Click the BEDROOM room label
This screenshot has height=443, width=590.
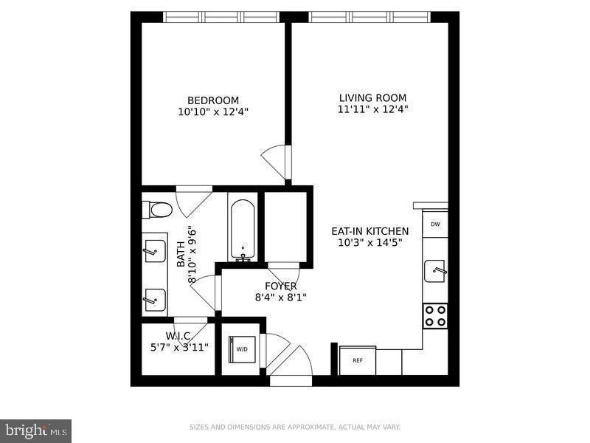[213, 100]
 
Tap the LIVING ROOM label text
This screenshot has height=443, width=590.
[372, 97]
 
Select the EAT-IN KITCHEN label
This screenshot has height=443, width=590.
[369, 231]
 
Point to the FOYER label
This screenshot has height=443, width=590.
[281, 286]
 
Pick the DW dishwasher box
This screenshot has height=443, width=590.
[435, 224]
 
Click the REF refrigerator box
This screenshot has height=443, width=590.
[358, 360]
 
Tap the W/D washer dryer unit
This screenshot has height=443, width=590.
[241, 350]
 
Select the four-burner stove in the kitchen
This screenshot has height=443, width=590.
[435, 315]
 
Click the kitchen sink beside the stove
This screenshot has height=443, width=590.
[436, 270]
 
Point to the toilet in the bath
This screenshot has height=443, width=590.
[158, 210]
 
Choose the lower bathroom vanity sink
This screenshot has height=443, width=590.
[155, 299]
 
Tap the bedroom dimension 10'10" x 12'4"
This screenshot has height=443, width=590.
[213, 112]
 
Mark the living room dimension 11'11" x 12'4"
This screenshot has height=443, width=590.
[372, 109]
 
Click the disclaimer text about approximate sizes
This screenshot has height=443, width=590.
[295, 427]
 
